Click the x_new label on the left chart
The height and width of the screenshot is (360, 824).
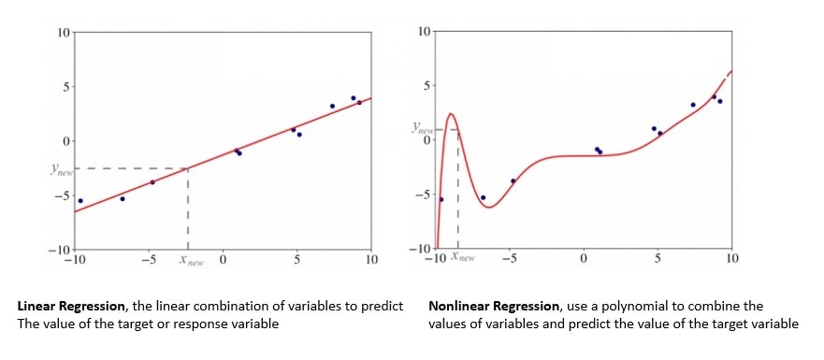point(191,259)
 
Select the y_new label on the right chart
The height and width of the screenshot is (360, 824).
point(422,130)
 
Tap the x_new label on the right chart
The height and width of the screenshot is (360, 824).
point(463,255)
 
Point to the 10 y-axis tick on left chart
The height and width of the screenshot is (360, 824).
point(64,33)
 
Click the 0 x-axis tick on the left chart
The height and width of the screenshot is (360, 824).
point(224,259)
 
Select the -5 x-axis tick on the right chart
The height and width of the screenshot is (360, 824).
point(509,259)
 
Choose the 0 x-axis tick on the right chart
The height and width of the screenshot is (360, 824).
point(584,259)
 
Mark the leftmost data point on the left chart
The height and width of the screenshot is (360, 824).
point(80,201)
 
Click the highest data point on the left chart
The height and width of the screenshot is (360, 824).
point(354,97)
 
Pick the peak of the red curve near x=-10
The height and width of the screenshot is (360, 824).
point(451,115)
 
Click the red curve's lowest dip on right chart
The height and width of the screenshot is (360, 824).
point(489,207)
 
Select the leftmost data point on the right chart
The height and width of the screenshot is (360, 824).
point(441,199)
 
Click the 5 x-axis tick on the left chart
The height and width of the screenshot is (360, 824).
point(296,259)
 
